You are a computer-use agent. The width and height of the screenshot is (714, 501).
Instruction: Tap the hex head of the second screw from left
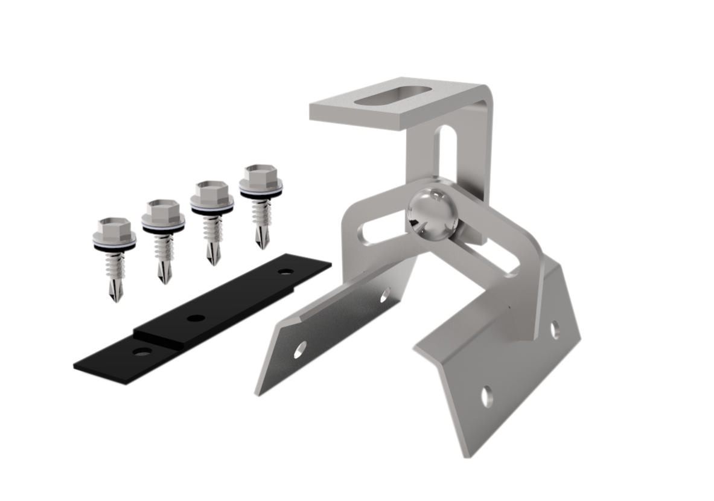(162, 211)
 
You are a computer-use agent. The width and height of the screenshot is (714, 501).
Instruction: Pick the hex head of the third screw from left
(212, 193)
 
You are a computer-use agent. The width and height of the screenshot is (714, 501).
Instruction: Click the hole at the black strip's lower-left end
(143, 352)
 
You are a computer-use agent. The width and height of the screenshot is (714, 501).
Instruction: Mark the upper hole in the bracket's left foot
(384, 295)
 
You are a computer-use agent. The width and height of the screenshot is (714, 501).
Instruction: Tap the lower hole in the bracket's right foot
(486, 396)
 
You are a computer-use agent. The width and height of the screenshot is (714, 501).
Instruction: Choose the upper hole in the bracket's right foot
(554, 329)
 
